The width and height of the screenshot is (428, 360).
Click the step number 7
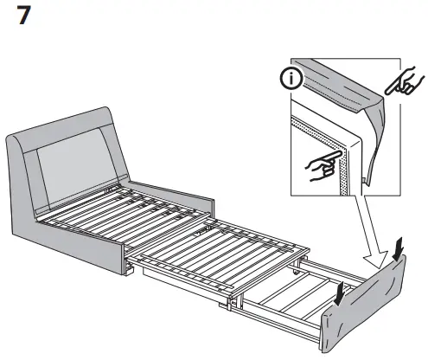(24, 18)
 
